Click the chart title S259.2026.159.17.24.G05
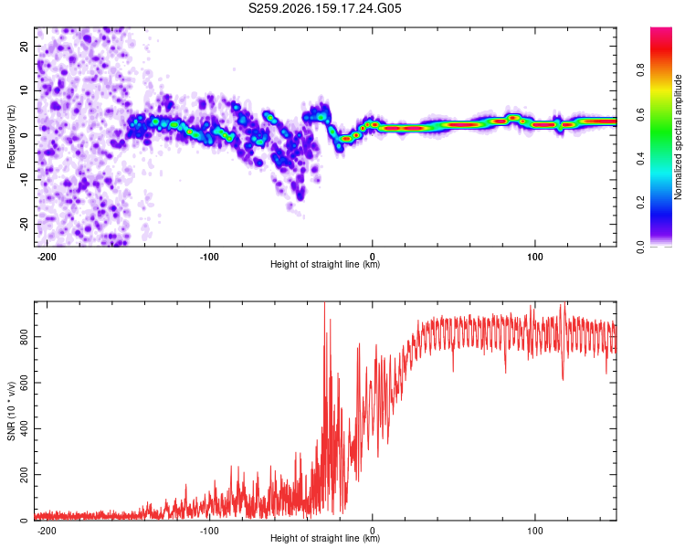[324, 8]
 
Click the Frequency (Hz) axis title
[11, 137]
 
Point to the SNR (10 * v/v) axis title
[11, 411]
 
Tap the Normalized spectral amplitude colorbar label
[678, 137]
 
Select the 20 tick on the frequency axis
[24, 46]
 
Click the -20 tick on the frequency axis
[24, 224]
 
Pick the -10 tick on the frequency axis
[24, 180]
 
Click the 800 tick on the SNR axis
[24, 336]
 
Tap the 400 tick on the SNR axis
[24, 428]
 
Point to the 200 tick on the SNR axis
[24, 474]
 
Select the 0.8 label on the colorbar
[640, 70]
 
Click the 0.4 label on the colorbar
[640, 159]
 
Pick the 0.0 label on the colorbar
[640, 247]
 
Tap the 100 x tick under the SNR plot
[534, 531]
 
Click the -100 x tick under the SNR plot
[209, 531]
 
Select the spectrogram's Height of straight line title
[325, 264]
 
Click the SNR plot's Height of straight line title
[325, 538]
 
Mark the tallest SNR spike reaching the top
[324, 304]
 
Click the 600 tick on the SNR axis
[24, 383]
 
